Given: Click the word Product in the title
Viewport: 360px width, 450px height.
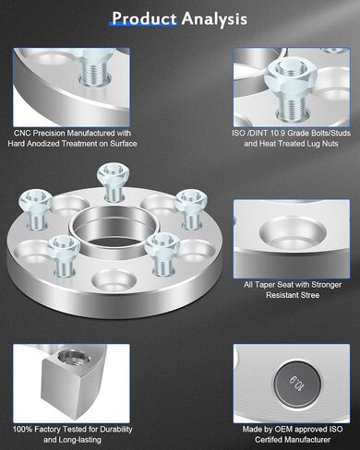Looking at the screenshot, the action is point(144,18).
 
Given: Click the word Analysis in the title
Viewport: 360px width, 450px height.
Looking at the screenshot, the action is point(214,19).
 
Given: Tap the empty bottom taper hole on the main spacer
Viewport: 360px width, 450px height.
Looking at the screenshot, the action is point(114,280).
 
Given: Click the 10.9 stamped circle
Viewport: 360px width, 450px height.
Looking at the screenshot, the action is point(298,384).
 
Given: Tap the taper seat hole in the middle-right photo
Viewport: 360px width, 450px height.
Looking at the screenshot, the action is point(293,234).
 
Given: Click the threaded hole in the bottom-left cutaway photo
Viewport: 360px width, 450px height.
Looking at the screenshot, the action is point(74,358).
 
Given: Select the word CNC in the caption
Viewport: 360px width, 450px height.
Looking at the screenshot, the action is point(22,134).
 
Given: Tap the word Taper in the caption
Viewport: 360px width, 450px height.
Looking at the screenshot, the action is point(265,285).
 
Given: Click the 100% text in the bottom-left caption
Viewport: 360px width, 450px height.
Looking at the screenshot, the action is point(22,430).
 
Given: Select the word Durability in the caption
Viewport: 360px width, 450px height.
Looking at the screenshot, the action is point(116,430).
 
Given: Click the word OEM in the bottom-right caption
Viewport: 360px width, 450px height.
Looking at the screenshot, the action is point(282,430).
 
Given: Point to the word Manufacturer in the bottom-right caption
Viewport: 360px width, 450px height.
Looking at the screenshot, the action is point(307,440).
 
